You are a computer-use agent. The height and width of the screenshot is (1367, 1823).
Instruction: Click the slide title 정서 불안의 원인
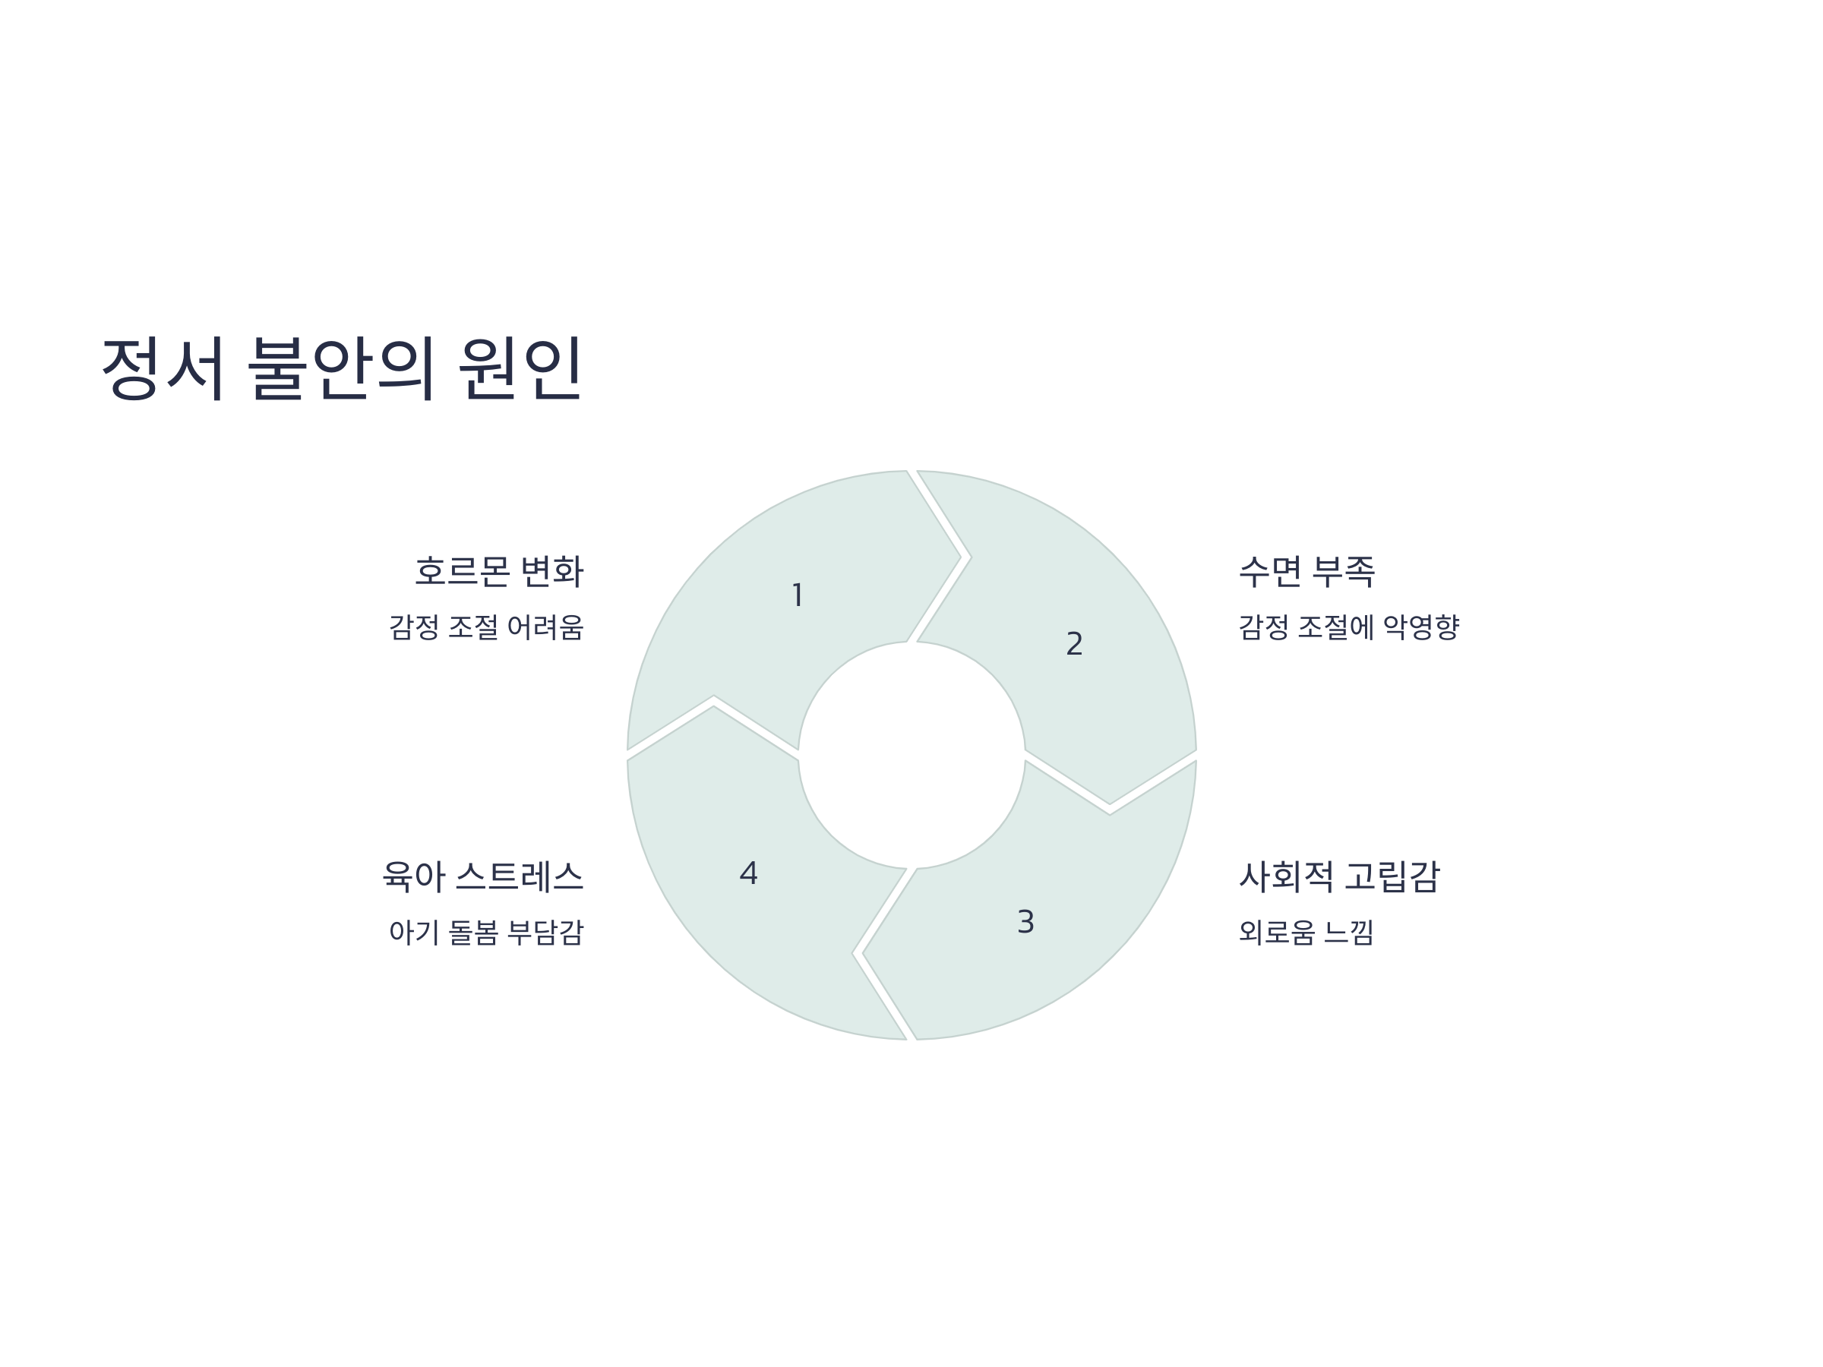coord(341,368)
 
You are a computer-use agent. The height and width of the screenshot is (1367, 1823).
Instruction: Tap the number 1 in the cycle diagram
coord(797,595)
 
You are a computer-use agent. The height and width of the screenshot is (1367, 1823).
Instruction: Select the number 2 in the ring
coord(1074,643)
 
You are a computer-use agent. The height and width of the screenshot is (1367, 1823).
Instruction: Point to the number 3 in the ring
coord(1025,922)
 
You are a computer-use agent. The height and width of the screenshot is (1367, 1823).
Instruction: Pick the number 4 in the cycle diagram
coord(748,873)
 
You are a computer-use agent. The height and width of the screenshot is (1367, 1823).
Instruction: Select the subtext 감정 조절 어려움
coord(486,628)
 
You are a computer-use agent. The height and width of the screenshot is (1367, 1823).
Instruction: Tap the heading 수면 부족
coord(1307,572)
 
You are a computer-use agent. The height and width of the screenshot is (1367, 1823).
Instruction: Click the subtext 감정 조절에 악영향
coord(1349,628)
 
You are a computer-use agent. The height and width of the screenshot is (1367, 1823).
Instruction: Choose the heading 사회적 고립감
coord(1339,876)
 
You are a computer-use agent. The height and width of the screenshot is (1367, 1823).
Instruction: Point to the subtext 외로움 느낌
coord(1306,933)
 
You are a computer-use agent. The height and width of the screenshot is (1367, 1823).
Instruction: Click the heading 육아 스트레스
coord(483,876)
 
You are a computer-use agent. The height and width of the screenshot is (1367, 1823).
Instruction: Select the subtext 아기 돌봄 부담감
coord(486,933)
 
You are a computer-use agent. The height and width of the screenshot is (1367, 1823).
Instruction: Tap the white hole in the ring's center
coord(912,755)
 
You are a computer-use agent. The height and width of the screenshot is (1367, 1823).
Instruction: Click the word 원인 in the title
coord(520,368)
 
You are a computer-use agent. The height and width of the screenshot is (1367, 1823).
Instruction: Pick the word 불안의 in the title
coord(341,368)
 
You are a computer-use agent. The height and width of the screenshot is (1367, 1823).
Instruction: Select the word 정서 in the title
coord(163,368)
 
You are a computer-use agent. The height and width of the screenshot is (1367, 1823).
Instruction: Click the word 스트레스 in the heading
coord(520,876)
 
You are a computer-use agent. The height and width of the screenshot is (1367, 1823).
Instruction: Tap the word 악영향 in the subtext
coord(1421,628)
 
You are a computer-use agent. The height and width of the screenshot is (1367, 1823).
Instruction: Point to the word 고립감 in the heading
coord(1392,876)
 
